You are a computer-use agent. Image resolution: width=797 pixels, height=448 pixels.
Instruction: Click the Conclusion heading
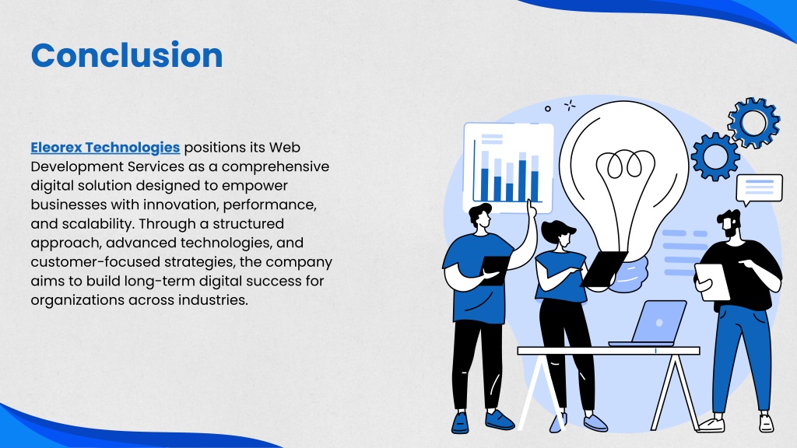coord(127,55)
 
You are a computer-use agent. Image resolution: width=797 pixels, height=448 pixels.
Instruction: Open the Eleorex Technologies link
coord(105,147)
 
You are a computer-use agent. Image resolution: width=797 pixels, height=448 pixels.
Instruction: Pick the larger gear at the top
coord(753,122)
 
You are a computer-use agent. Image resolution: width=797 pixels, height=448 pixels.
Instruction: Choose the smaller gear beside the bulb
coord(715,156)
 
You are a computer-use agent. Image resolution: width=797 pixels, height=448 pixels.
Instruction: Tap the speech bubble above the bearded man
coord(759,188)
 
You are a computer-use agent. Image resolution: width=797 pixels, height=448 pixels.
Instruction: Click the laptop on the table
coord(651,323)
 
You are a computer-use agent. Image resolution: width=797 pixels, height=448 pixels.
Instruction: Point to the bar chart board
coord(508,168)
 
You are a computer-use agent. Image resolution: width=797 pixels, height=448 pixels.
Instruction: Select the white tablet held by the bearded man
coord(712,282)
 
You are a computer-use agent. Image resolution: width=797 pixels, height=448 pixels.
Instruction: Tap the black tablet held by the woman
coord(604,268)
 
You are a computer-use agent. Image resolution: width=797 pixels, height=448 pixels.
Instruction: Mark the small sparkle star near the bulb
coord(570,105)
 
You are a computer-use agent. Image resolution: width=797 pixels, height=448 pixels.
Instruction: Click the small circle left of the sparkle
coord(547,109)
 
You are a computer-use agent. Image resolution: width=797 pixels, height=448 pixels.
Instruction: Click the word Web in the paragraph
coord(285,147)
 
